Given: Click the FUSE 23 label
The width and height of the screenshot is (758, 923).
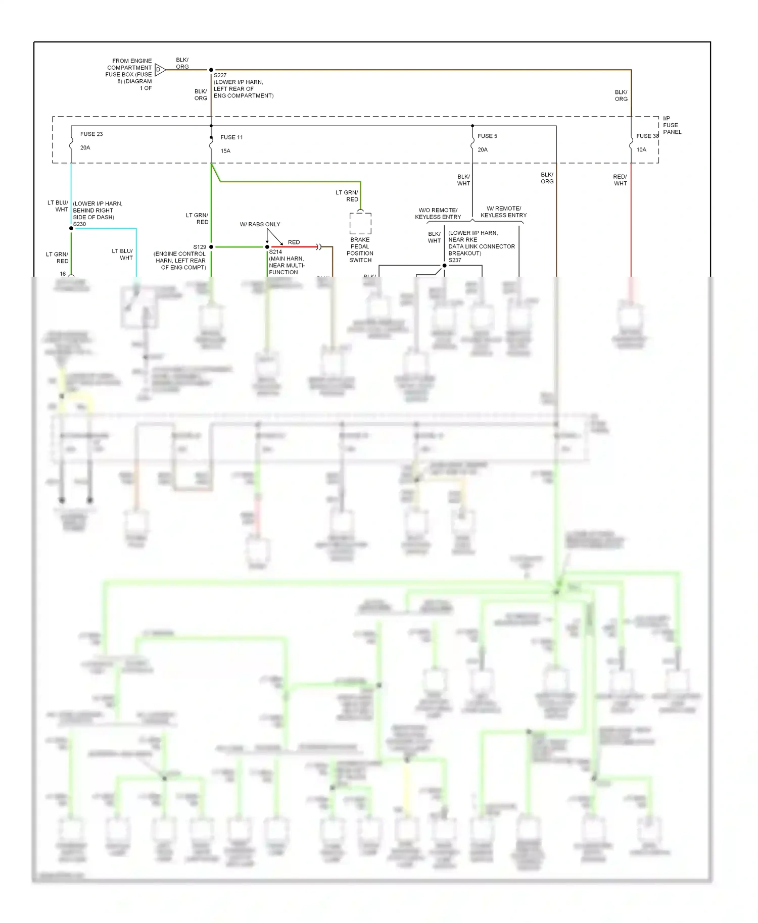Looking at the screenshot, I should [x=91, y=134].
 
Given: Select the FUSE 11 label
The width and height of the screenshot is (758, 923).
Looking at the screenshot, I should [x=231, y=137].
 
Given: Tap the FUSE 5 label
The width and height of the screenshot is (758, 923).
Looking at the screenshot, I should [x=487, y=136].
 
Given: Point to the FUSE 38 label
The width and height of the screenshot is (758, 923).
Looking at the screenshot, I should [x=647, y=136].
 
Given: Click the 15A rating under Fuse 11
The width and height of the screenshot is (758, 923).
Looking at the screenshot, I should [x=225, y=151].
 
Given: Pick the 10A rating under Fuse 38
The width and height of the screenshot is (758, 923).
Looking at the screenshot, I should [x=641, y=149].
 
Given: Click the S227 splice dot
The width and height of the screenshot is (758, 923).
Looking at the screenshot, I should [x=211, y=70].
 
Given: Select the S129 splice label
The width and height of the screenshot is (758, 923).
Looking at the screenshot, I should [x=200, y=247].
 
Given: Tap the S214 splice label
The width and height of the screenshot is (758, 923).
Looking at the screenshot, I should [x=275, y=251].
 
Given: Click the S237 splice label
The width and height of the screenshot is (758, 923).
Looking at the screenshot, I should [x=455, y=260].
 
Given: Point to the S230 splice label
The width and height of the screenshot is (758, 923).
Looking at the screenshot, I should [x=79, y=224].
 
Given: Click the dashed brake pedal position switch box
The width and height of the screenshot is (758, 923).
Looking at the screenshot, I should [x=360, y=223].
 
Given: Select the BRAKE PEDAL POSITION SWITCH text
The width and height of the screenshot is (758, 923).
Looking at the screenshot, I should [x=360, y=250].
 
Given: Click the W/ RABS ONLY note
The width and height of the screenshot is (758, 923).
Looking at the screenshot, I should [x=260, y=224].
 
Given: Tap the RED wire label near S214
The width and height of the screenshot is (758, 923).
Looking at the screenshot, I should [x=294, y=242].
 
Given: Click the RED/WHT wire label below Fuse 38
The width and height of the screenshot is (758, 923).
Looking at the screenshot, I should [x=620, y=180].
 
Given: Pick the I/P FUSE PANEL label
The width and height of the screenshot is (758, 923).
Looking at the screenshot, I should [x=672, y=125].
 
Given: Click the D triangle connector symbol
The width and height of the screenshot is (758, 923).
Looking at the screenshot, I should [x=160, y=70].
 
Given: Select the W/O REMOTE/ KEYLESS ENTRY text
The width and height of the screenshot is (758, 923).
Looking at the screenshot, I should [x=438, y=214].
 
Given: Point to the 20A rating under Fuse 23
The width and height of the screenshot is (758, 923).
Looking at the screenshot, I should [x=85, y=147].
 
